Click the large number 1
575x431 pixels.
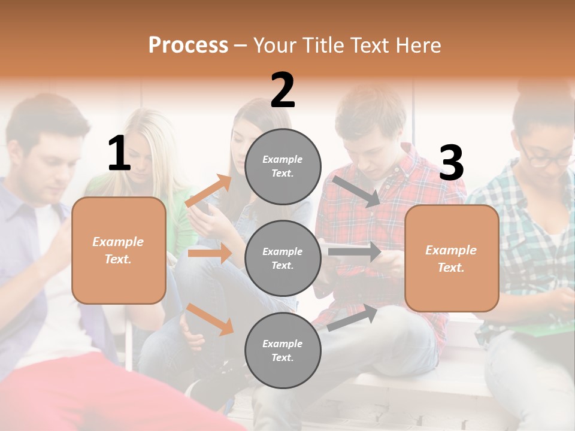(119, 154)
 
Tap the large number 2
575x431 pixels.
(283, 90)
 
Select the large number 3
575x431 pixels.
(452, 163)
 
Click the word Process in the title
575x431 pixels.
(188, 45)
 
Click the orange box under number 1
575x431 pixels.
(119, 250)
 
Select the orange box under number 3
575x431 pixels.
(452, 259)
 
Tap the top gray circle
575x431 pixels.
(283, 166)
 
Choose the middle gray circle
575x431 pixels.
(283, 258)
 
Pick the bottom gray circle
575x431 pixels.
(283, 350)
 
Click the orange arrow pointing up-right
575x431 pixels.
(209, 191)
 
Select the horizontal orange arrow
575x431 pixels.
(210, 253)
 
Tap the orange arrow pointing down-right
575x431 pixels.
(210, 319)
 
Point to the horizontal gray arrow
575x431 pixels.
(355, 252)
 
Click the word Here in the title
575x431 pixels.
(417, 45)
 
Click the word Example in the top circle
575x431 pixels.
(283, 159)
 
